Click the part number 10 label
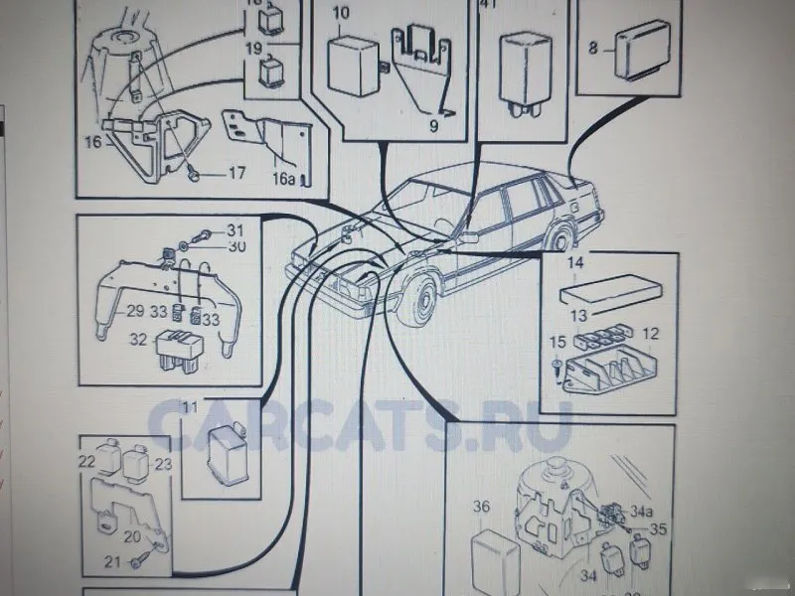[x=340, y=14]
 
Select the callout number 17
[x=237, y=173]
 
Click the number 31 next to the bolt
[x=235, y=229]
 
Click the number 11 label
[x=189, y=406]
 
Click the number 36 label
[x=482, y=508]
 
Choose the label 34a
[x=641, y=512]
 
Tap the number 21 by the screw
[x=112, y=562]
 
